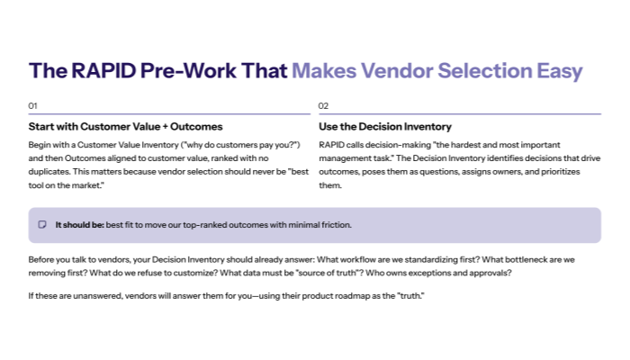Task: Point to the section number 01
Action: pyautogui.click(x=33, y=106)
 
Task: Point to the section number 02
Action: pyautogui.click(x=324, y=106)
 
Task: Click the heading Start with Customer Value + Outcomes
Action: pyautogui.click(x=125, y=127)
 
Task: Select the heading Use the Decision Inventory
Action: pyautogui.click(x=385, y=127)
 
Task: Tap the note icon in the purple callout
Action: pyautogui.click(x=42, y=225)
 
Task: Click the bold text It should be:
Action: pyautogui.click(x=78, y=225)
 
